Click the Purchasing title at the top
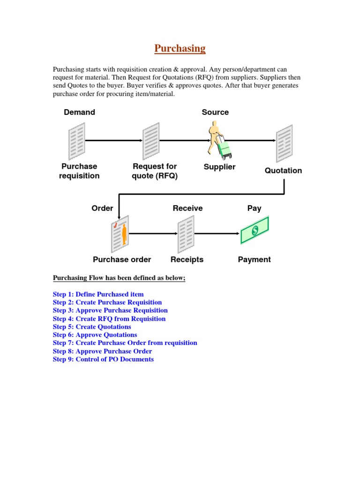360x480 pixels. (180, 48)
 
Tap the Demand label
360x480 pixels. (79, 112)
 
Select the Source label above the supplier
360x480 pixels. (215, 112)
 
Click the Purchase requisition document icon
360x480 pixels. (77, 140)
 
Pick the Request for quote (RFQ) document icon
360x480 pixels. (151, 140)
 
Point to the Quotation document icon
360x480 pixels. (284, 143)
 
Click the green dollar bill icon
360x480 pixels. (255, 230)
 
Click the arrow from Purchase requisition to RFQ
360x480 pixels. (114, 140)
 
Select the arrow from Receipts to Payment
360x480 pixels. (217, 233)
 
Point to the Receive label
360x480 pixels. (187, 208)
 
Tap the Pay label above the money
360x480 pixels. (254, 208)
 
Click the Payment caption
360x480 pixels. (254, 259)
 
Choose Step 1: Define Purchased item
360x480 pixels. (98, 294)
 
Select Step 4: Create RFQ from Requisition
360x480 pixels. (109, 319)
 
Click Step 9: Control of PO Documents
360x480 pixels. (103, 359)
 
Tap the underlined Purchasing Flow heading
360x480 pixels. (119, 278)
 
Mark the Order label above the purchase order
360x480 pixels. (102, 208)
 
